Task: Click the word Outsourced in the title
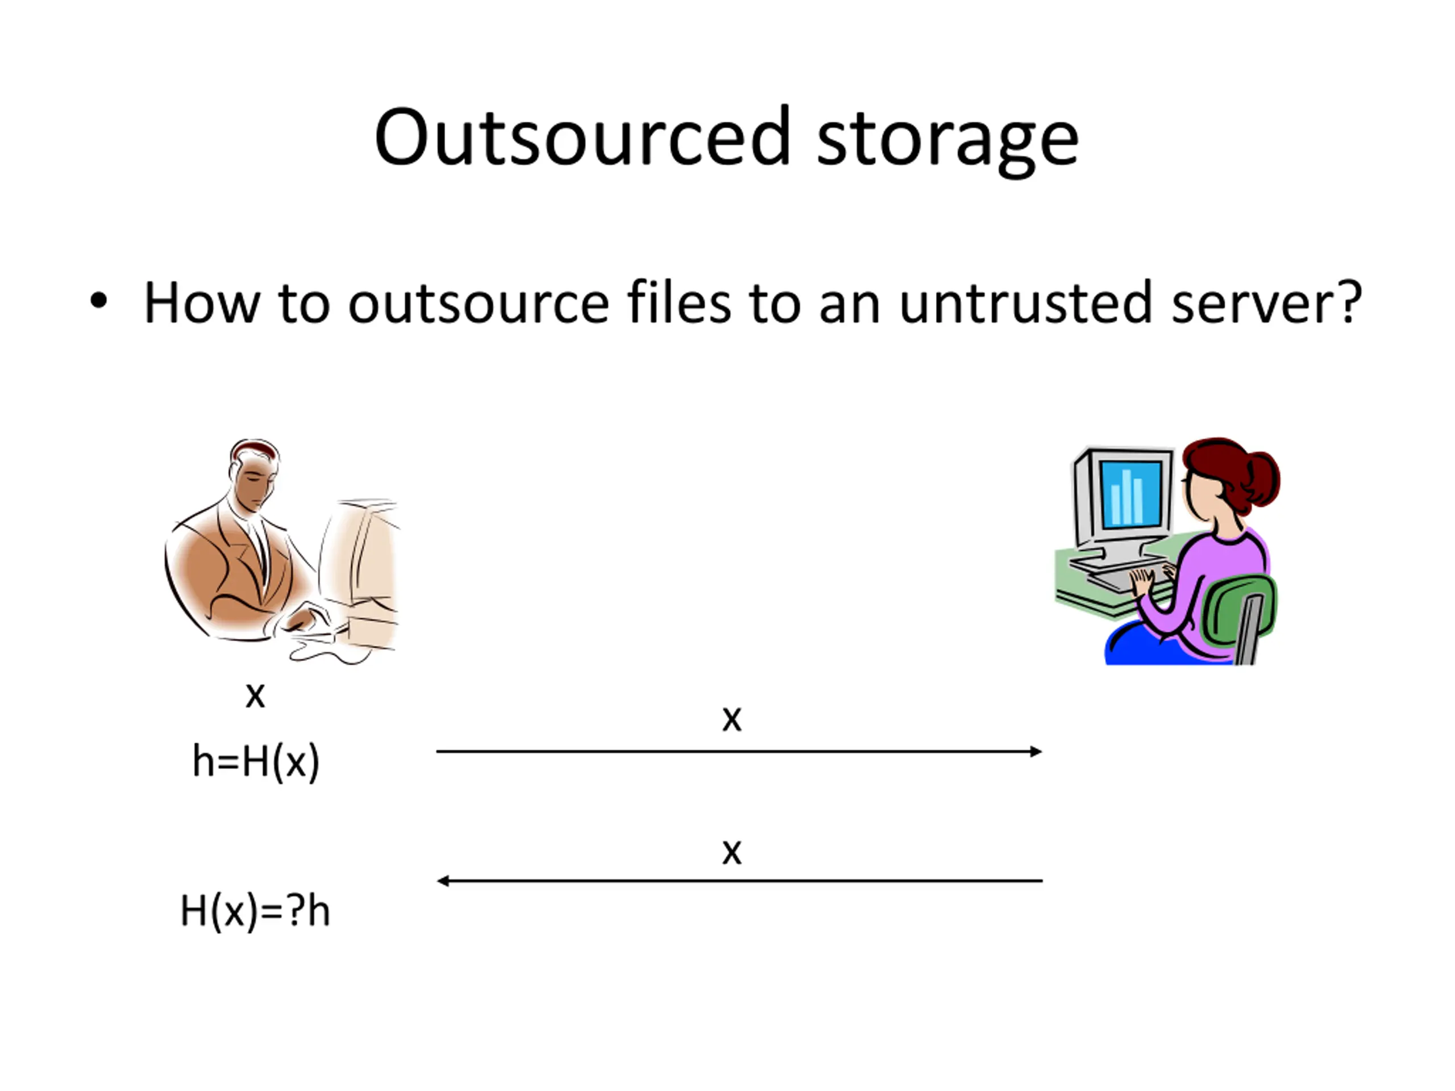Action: point(581,138)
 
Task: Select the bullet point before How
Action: point(99,302)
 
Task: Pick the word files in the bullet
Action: point(678,302)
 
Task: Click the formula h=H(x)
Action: point(255,762)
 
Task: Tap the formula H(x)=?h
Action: point(255,911)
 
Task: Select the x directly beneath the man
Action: point(255,695)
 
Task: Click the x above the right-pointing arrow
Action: point(731,719)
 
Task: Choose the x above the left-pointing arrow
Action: point(731,852)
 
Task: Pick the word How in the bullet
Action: point(201,302)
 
